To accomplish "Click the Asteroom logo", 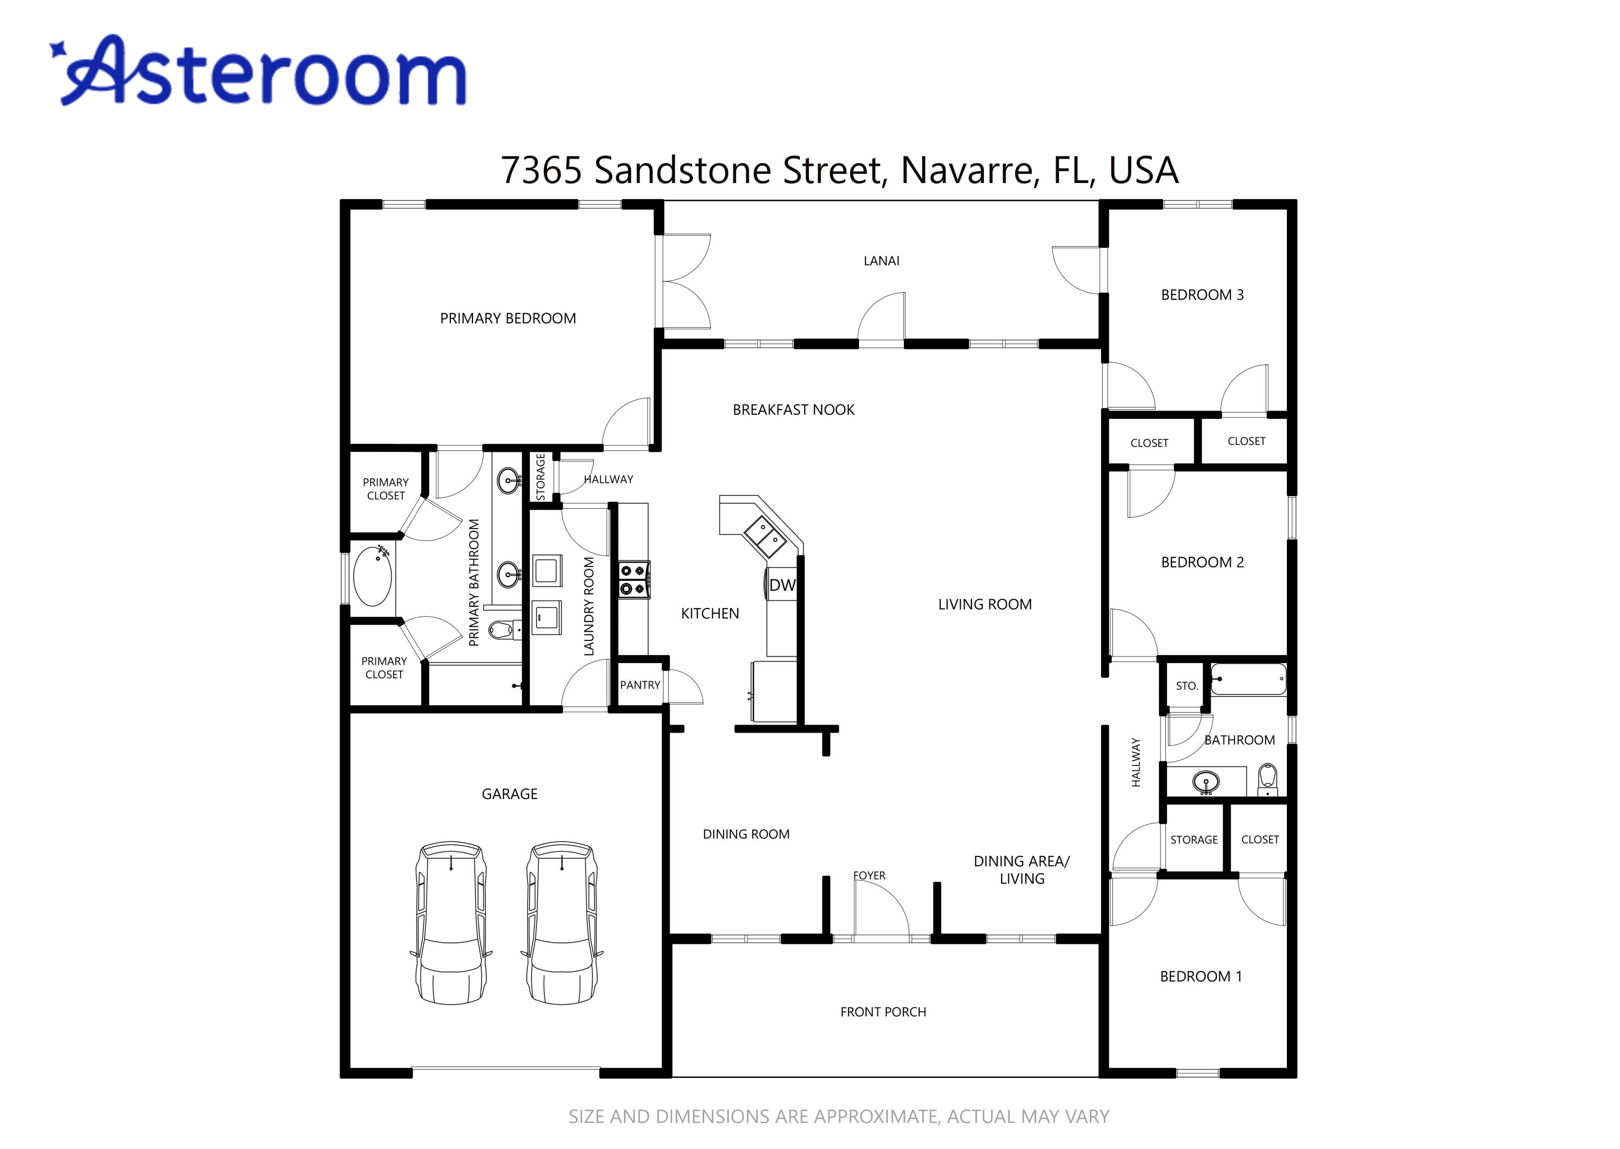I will tap(258, 71).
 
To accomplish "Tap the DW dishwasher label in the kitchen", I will tap(782, 585).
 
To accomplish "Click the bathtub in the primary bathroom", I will tap(372, 576).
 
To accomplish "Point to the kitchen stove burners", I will tap(634, 579).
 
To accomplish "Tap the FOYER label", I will tap(869, 875).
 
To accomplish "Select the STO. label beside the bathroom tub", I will tap(1186, 686).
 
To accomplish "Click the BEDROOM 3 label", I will tap(1202, 295).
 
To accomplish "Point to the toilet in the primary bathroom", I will tap(503, 628).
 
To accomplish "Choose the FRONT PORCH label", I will tap(883, 1012).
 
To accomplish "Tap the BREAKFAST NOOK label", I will tap(793, 410).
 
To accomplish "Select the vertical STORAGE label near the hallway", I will tap(541, 477).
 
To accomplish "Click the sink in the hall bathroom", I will tap(1205, 782).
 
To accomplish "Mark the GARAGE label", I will tap(509, 794).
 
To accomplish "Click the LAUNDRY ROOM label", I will tap(589, 606).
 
